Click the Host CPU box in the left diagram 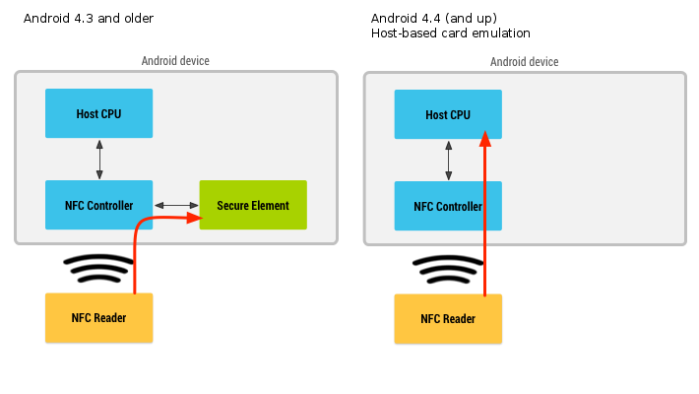coord(98,113)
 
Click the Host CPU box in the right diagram coord(448,114)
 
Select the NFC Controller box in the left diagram coord(98,205)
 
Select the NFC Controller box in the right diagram coord(448,206)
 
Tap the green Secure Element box coord(253,205)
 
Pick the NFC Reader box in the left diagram coord(98,318)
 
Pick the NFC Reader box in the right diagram coord(448,319)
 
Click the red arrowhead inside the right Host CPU coord(484,140)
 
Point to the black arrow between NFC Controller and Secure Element coord(176,205)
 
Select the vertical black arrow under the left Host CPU coord(99,159)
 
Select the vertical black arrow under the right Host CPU coord(449,160)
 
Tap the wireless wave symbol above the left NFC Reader coord(97,267)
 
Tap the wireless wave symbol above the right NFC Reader coord(447,268)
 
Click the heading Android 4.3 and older coord(89,19)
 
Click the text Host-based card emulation coord(451,33)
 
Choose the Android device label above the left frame coord(175,61)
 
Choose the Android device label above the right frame coord(525,62)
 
